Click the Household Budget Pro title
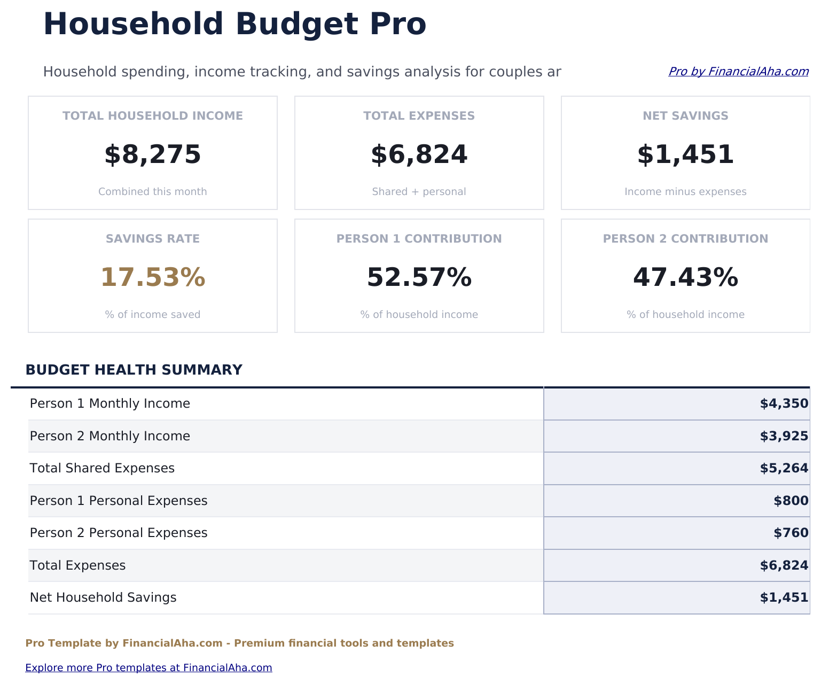point(234,25)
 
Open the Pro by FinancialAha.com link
point(738,72)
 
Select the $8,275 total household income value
point(153,154)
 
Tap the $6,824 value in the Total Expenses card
point(419,154)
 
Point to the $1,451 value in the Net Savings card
point(685,154)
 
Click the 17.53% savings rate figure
point(153,277)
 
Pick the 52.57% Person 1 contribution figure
point(419,277)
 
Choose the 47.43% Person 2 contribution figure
point(685,277)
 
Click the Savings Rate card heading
point(153,239)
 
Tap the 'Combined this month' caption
point(153,192)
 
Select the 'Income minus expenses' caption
point(685,192)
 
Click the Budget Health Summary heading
point(134,370)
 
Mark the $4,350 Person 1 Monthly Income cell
point(784,404)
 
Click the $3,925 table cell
point(784,437)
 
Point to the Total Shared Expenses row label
point(102,469)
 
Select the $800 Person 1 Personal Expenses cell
point(791,501)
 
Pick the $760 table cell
point(791,533)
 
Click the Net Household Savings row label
point(103,598)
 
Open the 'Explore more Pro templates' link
point(148,668)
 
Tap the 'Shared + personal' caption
point(419,192)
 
